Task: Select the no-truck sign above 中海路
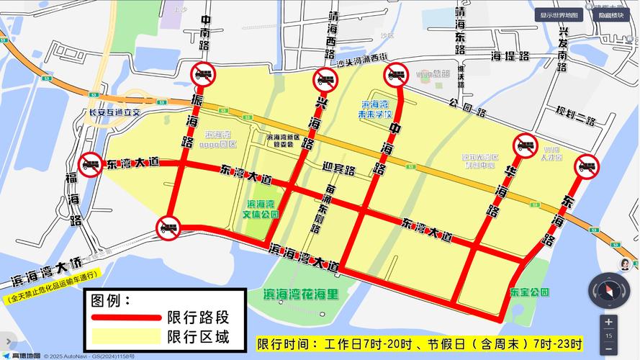(x=396, y=73)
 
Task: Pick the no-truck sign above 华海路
(x=525, y=145)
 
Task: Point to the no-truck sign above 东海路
(x=587, y=166)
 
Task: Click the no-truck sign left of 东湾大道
(x=91, y=163)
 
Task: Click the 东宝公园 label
(x=530, y=292)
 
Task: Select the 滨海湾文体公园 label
(x=262, y=209)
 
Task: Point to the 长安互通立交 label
(x=114, y=112)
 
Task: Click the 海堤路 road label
(x=510, y=55)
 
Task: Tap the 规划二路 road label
(x=576, y=115)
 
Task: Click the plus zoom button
(x=609, y=322)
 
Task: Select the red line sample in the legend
(x=125, y=317)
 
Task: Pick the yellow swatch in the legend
(x=125, y=336)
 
